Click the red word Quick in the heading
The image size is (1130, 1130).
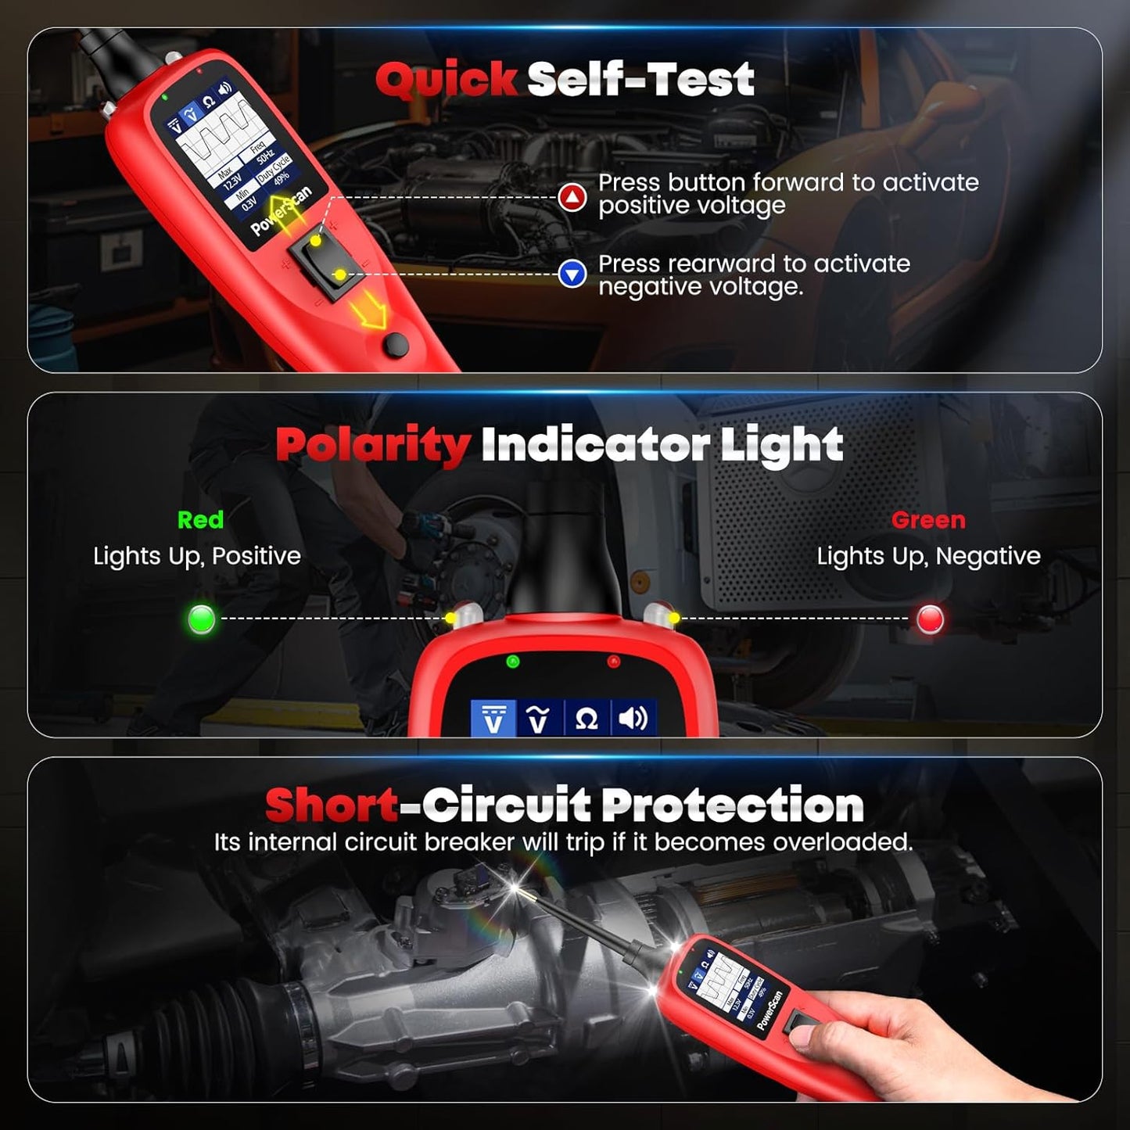446,80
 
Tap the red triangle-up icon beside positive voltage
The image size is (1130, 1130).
572,196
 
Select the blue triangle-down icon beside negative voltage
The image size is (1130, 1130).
572,274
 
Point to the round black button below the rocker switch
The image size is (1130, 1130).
396,344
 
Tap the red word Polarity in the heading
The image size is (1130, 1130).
372,445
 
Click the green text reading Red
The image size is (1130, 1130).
200,520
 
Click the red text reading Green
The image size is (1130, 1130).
928,520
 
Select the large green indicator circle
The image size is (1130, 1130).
202,619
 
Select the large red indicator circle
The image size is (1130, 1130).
930,619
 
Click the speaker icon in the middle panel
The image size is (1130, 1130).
633,718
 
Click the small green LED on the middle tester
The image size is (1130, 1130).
513,662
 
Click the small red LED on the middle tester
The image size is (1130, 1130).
613,662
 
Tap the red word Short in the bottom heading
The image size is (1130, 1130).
332,805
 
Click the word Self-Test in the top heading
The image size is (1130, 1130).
640,80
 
